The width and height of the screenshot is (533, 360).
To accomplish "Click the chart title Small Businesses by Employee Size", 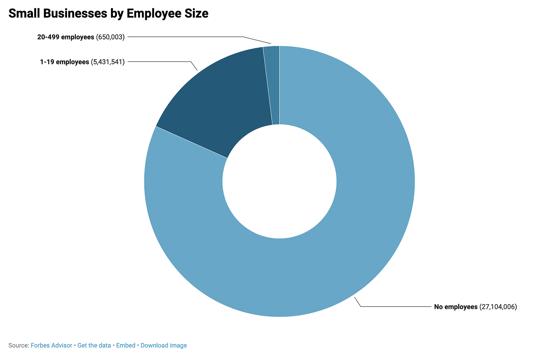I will click(x=108, y=14).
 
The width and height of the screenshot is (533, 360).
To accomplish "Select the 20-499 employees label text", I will click(x=66, y=37).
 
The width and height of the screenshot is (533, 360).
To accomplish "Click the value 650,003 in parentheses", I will click(x=110, y=37).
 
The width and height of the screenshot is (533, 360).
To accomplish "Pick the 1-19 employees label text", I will click(x=65, y=62).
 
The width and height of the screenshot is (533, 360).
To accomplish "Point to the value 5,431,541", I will click(x=108, y=62).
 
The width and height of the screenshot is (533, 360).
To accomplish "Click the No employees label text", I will click(x=456, y=307).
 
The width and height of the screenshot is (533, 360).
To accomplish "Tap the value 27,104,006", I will click(x=498, y=307).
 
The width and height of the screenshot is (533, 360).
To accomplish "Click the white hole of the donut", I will click(x=279, y=182).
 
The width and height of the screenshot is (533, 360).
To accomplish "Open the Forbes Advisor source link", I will click(x=51, y=345).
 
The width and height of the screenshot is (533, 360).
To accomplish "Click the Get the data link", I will click(x=94, y=345).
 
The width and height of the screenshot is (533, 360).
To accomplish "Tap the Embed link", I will click(x=126, y=345).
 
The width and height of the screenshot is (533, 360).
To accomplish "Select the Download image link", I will click(x=164, y=345).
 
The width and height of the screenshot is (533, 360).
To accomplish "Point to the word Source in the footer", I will click(x=18, y=345).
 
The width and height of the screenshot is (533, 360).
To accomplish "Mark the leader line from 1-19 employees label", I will click(x=160, y=61).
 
